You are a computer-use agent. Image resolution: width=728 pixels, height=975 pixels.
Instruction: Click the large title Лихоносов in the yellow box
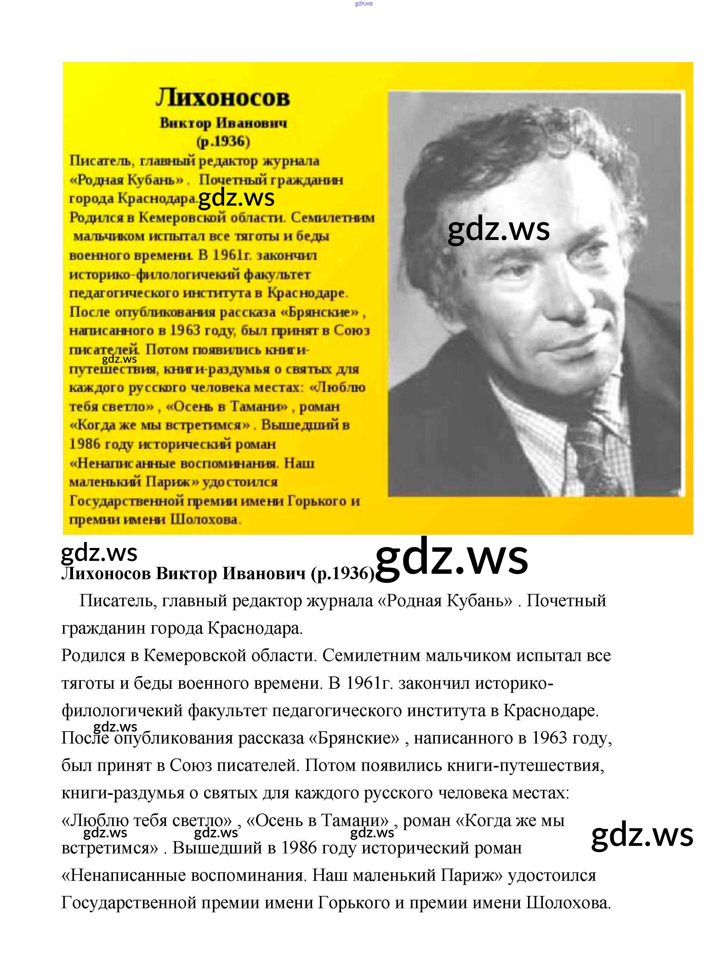click(x=223, y=97)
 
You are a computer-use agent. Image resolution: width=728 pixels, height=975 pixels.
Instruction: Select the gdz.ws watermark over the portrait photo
click(x=498, y=230)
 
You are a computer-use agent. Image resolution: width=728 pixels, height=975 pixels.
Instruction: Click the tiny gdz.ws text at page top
click(x=364, y=3)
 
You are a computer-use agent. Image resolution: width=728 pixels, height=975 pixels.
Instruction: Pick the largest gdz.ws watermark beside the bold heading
click(x=452, y=558)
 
